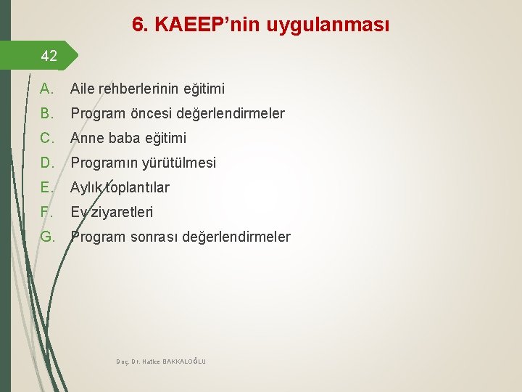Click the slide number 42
(49, 55)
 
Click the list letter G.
(48, 237)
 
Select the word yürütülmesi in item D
(181, 163)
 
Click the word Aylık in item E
(87, 187)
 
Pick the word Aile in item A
(83, 89)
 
